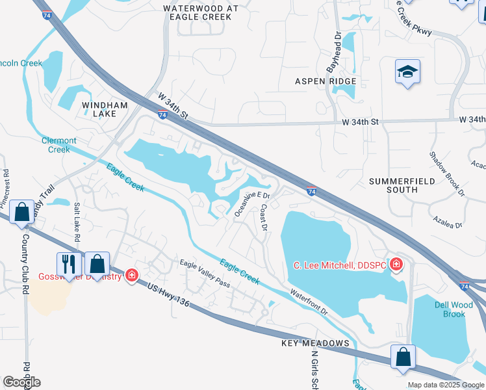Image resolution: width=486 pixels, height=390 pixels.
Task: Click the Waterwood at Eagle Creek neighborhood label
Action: point(197,12)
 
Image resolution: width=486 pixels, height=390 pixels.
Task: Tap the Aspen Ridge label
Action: point(326,81)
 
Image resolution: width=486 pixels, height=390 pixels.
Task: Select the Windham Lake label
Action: point(99,109)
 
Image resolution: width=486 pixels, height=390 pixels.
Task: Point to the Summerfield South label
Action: point(403,185)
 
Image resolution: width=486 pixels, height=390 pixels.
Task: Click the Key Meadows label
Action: point(316,343)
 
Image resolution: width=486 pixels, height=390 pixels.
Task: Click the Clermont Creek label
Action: point(59,144)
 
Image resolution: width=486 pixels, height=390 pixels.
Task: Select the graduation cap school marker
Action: point(407,71)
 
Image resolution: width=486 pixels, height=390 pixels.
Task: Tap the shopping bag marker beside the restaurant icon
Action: point(97,264)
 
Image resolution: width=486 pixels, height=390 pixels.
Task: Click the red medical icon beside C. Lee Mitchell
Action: point(396,265)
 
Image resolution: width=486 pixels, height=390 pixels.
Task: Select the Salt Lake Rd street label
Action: point(77,222)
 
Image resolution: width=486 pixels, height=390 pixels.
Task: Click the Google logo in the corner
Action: point(21,382)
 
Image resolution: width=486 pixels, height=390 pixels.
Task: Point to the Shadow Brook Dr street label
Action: point(447,174)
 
